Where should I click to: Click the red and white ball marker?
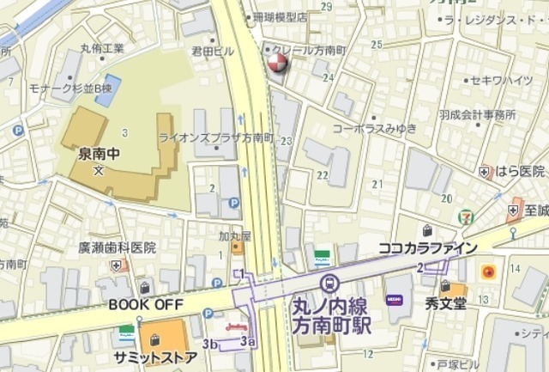point(277,64)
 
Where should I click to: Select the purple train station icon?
point(329,284)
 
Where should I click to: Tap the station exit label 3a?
point(248,342)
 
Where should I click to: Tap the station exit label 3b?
point(211,344)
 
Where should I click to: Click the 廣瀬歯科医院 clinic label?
point(117,247)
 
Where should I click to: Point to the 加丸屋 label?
point(232,235)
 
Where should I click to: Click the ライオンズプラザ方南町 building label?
point(215,137)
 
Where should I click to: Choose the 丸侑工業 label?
point(102,49)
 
